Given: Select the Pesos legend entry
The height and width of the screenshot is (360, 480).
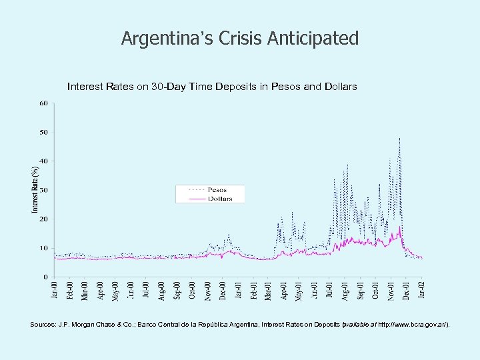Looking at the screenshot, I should [x=217, y=190].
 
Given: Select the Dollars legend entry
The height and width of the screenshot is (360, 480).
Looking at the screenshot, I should [x=219, y=198].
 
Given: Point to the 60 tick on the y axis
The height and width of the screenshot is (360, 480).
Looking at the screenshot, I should [x=43, y=103].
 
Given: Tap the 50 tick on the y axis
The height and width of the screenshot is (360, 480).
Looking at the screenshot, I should [x=43, y=132].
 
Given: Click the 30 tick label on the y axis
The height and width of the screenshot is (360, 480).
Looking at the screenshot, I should [x=43, y=190].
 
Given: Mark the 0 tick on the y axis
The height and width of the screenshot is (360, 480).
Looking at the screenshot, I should [x=45, y=277].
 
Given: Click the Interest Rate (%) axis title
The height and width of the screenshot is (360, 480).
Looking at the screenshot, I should [x=35, y=190].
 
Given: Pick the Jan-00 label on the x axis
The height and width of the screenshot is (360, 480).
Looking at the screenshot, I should [x=55, y=291].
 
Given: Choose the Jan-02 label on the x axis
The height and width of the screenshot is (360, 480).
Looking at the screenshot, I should [x=421, y=291].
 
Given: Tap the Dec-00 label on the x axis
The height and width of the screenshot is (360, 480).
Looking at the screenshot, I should [x=223, y=291].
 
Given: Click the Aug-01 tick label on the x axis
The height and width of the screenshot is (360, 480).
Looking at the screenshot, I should [x=345, y=291].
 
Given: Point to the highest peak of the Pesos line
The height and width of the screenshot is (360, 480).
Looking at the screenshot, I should [x=399, y=138].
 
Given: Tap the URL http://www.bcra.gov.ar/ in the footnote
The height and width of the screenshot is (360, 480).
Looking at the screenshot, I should [x=413, y=325].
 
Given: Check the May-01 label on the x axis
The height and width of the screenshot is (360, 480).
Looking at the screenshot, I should [x=299, y=291].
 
